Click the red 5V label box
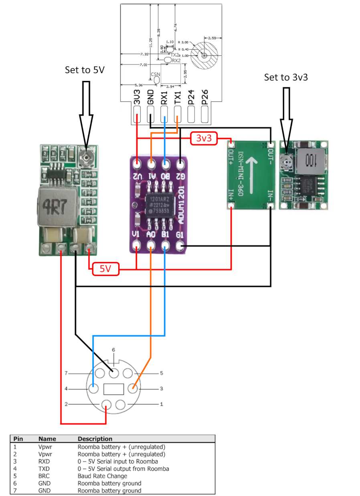106,269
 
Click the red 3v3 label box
204,138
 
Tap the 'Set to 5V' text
85,70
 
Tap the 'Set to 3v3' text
286,77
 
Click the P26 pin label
204,98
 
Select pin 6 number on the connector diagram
113,350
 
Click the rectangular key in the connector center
113,389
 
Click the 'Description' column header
95,439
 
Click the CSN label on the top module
155,75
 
